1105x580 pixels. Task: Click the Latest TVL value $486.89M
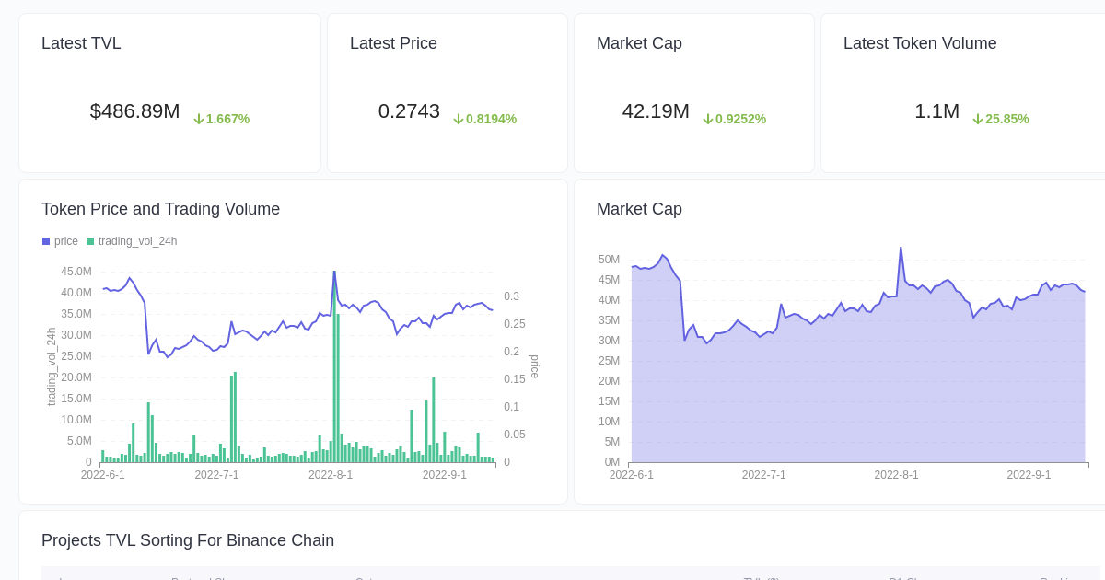[134, 111]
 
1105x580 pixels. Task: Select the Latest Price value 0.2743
[409, 111]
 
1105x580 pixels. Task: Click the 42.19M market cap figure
[656, 111]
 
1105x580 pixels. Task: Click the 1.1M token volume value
[936, 111]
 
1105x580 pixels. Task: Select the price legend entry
[61, 241]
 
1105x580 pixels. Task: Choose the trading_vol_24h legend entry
[133, 241]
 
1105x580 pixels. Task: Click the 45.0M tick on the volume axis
[76, 272]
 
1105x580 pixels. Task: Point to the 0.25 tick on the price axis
[514, 324]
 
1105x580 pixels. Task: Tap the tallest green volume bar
[334, 368]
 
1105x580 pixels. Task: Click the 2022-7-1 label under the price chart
[216, 475]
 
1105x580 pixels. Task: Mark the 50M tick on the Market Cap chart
[609, 260]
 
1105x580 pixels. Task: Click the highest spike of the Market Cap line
[901, 249]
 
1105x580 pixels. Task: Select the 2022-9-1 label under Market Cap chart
[1029, 475]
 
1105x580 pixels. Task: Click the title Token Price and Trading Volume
[160, 209]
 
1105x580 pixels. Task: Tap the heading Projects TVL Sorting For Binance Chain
[188, 540]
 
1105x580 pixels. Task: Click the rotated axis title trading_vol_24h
[52, 366]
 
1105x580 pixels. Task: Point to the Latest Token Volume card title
[920, 43]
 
